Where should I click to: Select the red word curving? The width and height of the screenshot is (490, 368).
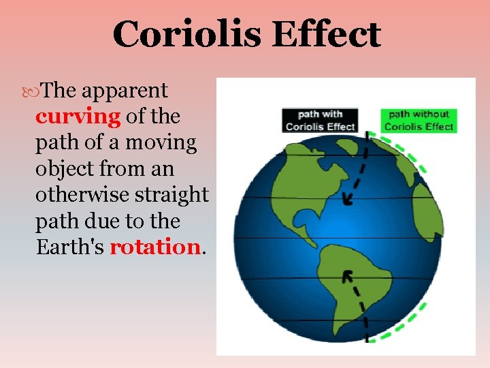pos(78,117)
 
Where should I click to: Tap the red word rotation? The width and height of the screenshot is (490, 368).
pos(154,247)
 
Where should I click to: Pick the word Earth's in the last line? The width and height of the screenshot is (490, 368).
pos(70,247)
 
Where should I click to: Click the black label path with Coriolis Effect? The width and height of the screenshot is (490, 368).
pos(320,120)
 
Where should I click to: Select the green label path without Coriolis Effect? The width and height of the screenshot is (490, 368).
pos(419,120)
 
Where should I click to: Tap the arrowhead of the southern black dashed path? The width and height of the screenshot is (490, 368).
pos(347,276)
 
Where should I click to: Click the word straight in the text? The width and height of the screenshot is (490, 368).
pos(174,195)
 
